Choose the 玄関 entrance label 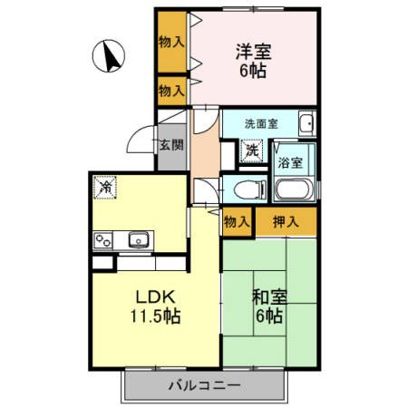170,144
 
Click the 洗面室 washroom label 260,123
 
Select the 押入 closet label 286,220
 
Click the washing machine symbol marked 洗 254,151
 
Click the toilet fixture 245,189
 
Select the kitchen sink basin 139,239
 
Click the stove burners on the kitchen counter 103,241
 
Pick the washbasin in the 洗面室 306,124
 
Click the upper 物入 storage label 170,42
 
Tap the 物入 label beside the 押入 237,220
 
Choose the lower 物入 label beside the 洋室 170,90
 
